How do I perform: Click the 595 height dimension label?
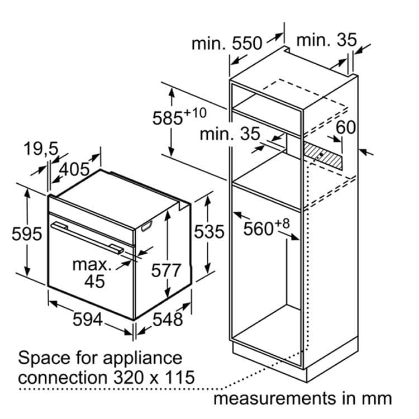pyautogui.click(x=27, y=234)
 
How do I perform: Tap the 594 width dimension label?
pyautogui.click(x=88, y=320)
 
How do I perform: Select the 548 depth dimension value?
pyautogui.click(x=168, y=318)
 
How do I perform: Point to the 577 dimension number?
pyautogui.click(x=166, y=270)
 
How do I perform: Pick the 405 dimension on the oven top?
pyautogui.click(x=74, y=169)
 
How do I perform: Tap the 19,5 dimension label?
pyautogui.click(x=41, y=149)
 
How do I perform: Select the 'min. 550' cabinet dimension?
pyautogui.click(x=226, y=44)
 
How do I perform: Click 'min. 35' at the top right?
pyautogui.click(x=326, y=40)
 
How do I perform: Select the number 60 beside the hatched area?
pyautogui.click(x=346, y=127)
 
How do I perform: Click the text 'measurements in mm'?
pyautogui.click(x=302, y=398)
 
